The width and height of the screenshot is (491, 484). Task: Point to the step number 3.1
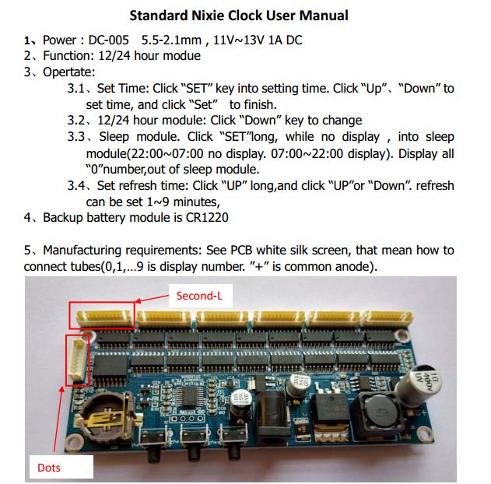click(77, 88)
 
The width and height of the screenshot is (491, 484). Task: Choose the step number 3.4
click(77, 185)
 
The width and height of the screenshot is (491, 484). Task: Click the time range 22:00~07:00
click(168, 153)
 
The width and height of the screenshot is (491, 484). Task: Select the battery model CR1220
click(202, 217)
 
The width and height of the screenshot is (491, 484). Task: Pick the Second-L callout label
click(199, 296)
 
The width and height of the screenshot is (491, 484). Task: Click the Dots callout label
click(49, 467)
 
